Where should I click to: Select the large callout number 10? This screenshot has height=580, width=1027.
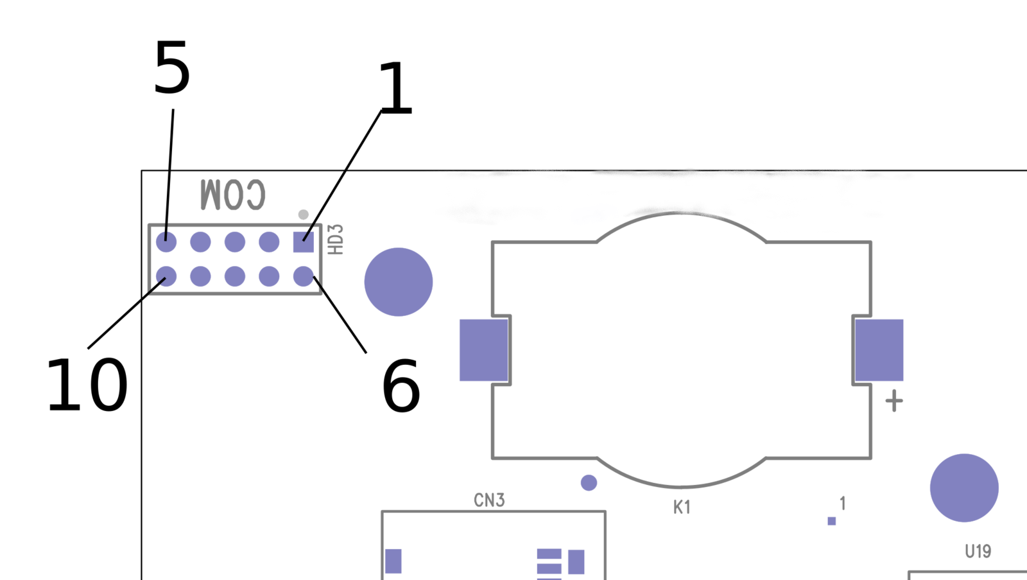pos(87,385)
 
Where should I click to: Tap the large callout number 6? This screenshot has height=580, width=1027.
pos(401,386)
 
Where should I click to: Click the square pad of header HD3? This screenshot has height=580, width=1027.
pos(304,242)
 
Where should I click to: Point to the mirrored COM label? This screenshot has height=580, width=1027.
pos(233,195)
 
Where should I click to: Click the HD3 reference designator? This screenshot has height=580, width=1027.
pos(336,240)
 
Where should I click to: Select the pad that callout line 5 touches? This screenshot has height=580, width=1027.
pos(166,242)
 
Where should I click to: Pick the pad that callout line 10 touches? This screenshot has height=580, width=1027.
pos(166,276)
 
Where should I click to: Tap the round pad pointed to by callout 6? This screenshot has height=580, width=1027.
pos(304,276)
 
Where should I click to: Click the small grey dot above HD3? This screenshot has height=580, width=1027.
pos(304,215)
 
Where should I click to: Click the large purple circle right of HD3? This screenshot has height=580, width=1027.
pos(399,282)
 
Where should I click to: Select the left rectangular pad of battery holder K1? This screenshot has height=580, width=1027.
pos(484,350)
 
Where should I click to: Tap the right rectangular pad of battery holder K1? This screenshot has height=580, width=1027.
pos(879,350)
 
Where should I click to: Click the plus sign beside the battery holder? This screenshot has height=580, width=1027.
pos(894,401)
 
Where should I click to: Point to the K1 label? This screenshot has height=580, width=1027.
pos(682,507)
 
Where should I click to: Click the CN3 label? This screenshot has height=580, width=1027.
pos(489,500)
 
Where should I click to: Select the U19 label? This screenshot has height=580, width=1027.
pos(978,551)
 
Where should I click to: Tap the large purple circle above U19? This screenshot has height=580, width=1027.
pos(964,488)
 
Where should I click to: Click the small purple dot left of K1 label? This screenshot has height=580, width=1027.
pos(589,483)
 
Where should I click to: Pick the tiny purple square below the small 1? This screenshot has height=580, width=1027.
pos(832,521)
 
